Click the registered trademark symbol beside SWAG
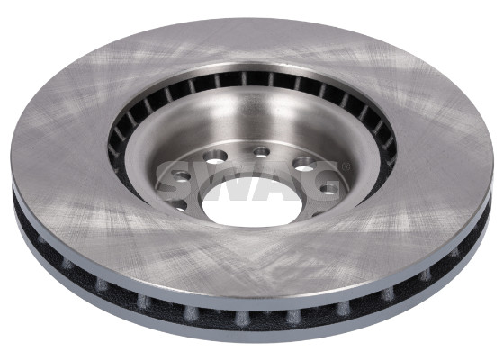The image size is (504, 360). (x=346, y=166)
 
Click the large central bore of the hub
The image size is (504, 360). (x=253, y=205)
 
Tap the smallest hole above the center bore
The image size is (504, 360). (x=261, y=151)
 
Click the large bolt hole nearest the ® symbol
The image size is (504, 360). (x=305, y=163)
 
